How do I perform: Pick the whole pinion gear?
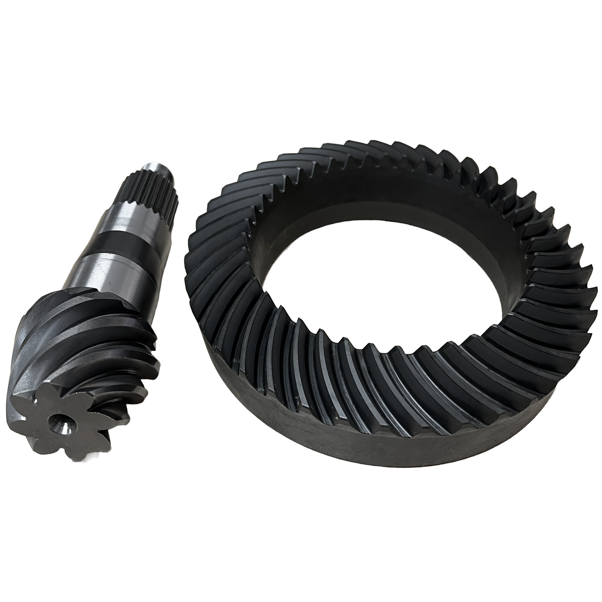(x=94, y=320)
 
